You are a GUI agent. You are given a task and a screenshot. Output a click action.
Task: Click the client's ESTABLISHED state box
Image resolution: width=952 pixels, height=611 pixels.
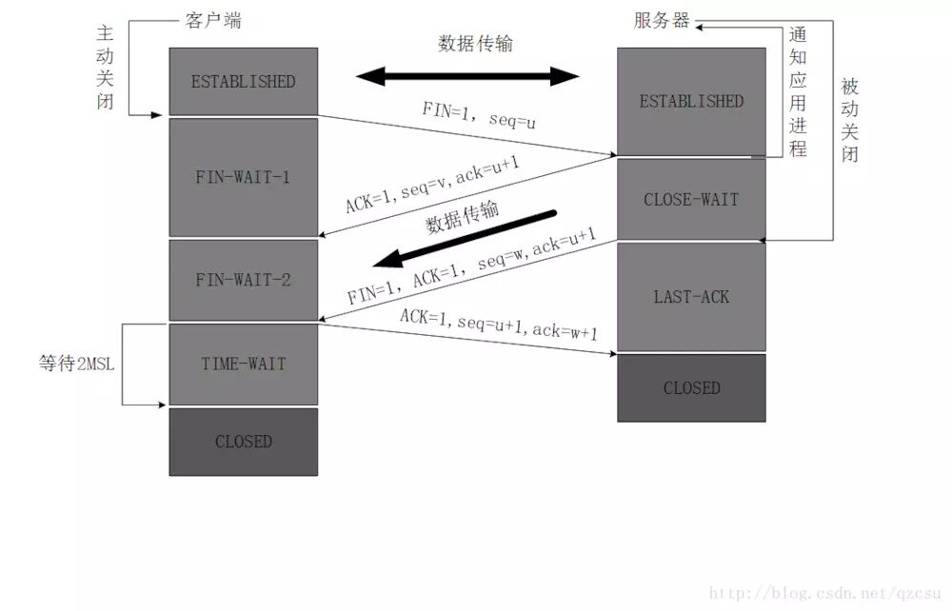pos(243,82)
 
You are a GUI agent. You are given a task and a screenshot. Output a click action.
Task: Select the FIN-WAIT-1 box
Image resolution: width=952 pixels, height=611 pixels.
pos(243,177)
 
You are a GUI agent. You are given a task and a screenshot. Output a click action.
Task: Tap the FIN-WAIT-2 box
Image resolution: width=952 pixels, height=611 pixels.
pos(243,280)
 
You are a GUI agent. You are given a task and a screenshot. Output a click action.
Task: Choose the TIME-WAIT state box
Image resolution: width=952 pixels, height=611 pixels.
pos(243,364)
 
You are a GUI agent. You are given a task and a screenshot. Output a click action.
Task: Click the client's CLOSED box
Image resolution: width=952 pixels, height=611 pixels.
pos(243,442)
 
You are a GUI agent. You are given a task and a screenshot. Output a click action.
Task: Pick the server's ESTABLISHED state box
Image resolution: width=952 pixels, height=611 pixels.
pos(691,101)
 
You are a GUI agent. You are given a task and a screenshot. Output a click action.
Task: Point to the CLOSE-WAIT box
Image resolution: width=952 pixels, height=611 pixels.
pos(691,200)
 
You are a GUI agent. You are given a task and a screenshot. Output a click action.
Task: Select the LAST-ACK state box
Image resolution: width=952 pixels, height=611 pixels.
pos(691,297)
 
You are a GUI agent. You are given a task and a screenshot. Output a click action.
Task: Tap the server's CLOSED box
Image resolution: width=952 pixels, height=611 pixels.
pos(691,387)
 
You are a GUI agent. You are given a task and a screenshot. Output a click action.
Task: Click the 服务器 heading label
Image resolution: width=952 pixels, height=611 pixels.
pos(661,20)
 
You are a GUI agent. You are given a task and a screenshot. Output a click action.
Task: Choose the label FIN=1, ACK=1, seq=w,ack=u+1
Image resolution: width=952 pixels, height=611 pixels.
pos(471,267)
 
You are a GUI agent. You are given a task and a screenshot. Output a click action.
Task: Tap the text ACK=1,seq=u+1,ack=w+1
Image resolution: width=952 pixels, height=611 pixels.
pos(498,324)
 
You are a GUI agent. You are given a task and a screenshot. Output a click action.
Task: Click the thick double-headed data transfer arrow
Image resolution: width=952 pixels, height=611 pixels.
pos(467,76)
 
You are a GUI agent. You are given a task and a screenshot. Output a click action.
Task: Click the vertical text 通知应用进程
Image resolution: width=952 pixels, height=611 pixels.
pos(797,91)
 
